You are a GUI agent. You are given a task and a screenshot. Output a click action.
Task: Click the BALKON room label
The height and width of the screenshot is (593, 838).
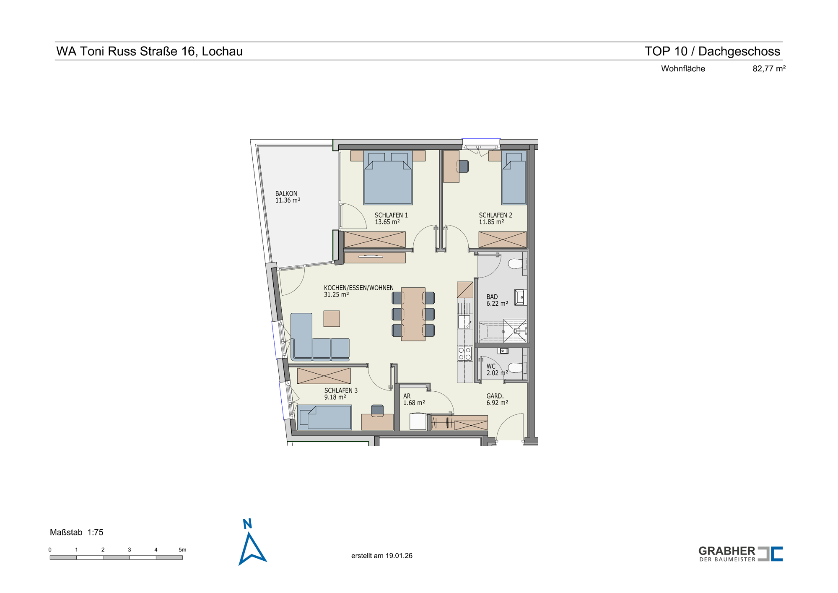click(x=286, y=193)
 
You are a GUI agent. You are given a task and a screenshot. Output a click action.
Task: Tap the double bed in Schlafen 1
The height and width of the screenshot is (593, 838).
click(x=388, y=177)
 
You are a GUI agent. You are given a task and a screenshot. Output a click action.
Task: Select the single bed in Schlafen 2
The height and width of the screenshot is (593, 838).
click(x=514, y=177)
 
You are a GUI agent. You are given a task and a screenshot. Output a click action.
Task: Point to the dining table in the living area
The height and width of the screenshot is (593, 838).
click(x=413, y=314)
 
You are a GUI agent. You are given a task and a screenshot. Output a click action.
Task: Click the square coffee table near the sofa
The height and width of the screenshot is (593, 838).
click(x=332, y=319)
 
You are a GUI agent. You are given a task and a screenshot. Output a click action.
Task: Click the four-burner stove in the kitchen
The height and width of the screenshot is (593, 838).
click(x=464, y=353)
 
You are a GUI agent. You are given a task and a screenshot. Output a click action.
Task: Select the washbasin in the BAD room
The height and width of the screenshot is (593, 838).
click(x=520, y=297)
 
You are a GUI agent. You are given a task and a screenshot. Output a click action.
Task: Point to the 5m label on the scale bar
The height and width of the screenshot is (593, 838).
click(x=182, y=549)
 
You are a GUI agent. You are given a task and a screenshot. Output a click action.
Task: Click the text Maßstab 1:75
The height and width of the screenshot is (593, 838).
click(x=77, y=532)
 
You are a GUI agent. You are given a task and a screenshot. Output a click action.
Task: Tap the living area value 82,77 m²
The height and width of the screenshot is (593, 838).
click(x=769, y=68)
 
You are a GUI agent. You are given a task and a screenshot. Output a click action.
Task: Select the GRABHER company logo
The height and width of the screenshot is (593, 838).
click(x=740, y=554)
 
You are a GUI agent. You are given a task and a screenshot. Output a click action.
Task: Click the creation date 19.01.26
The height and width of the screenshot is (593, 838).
click(x=399, y=556)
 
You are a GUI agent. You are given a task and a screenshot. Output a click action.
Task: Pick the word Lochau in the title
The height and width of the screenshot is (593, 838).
click(x=222, y=51)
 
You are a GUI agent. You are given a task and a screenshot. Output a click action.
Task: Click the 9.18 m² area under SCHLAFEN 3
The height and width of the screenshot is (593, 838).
click(x=335, y=397)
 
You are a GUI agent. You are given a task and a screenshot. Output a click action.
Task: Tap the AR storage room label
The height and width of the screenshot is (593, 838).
click(x=407, y=396)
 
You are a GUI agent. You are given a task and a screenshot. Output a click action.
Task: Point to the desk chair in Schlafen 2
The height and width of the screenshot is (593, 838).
click(x=463, y=166)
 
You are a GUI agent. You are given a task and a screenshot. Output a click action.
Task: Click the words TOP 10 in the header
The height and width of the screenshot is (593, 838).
click(x=666, y=51)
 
